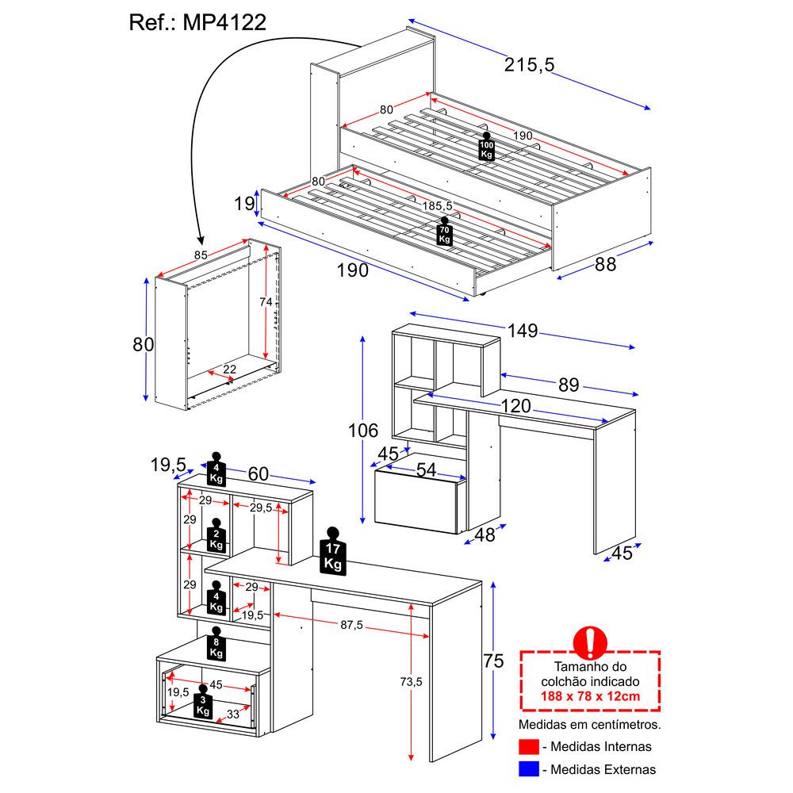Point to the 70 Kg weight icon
point(444,232)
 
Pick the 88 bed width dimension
point(605,264)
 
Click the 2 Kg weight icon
point(216,538)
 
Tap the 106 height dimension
point(362,431)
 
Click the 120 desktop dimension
point(515,406)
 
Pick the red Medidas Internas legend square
point(528,746)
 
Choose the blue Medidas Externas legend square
point(528,768)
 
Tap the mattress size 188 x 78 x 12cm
point(590,696)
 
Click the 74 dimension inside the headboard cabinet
point(266,302)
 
